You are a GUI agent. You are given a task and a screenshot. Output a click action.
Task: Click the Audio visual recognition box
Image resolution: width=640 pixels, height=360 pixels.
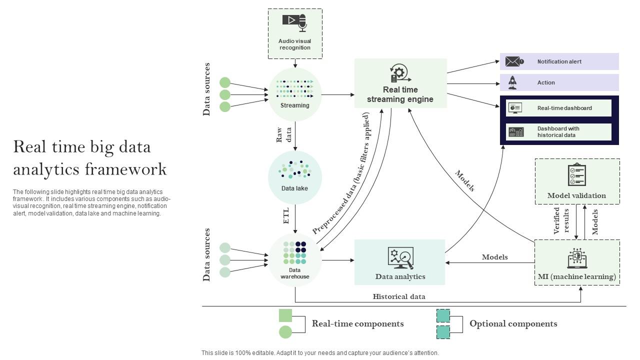tap(295, 33)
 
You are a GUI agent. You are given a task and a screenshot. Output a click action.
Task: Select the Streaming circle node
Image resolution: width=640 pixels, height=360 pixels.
tap(295, 94)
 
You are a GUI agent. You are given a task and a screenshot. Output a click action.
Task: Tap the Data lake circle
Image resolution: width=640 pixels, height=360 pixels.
tap(295, 177)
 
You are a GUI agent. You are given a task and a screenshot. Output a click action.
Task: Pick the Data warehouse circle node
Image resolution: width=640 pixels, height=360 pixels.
tap(295, 260)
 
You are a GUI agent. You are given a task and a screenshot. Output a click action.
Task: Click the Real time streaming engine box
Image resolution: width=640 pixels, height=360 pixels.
tap(400, 83)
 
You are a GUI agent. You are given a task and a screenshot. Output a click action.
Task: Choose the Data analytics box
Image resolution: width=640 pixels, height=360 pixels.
tap(399, 262)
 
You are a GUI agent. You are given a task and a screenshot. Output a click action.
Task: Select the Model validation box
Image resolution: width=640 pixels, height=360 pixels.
tap(577, 181)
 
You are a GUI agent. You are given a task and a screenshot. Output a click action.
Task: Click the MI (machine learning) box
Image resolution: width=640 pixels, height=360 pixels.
tap(577, 262)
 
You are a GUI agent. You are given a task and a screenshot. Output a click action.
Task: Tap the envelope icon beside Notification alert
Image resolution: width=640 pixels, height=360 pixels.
tap(513, 61)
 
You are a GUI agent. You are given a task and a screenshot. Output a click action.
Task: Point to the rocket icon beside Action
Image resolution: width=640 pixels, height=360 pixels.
tap(512, 82)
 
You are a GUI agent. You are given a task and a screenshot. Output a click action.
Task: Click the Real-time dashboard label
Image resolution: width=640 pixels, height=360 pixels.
tap(564, 108)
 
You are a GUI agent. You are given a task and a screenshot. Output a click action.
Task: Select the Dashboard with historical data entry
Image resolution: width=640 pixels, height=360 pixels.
tap(558, 132)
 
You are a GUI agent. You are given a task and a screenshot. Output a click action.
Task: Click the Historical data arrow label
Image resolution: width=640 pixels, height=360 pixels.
tap(399, 296)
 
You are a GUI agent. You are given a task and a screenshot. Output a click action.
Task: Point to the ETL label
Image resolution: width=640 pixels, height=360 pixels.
tap(286, 215)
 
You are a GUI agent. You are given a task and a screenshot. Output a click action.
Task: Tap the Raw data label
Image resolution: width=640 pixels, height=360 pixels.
tap(283, 134)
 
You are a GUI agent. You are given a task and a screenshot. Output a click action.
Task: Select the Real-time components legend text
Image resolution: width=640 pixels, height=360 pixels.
tap(357, 323)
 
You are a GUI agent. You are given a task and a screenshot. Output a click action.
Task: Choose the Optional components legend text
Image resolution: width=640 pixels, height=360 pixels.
tap(513, 323)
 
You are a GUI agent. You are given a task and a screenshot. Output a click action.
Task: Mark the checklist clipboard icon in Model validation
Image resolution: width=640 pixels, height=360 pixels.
tap(576, 174)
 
